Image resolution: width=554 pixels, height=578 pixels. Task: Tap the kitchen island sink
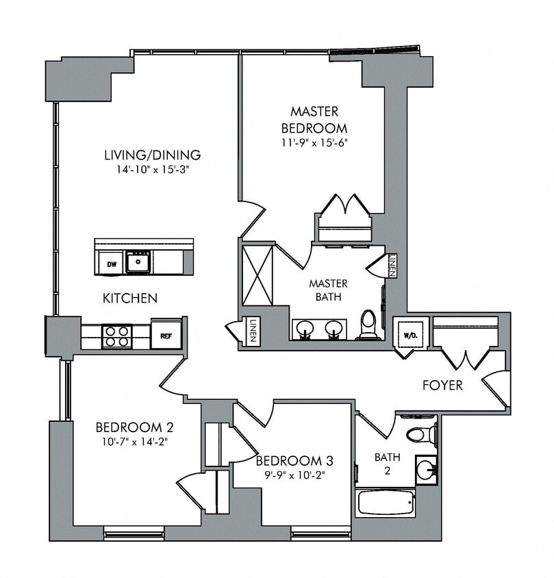pos(138,262)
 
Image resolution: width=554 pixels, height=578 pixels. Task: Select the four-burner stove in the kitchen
pos(116,336)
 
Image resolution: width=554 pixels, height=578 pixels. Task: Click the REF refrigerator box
pos(166,335)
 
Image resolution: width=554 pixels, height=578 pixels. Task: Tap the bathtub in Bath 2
pos(386,503)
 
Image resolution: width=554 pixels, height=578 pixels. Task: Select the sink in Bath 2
pos(427,470)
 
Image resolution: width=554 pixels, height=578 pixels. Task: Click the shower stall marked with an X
pos(257,275)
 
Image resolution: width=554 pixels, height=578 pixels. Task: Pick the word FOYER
pos(442,385)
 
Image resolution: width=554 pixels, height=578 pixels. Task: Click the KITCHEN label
pos(130,298)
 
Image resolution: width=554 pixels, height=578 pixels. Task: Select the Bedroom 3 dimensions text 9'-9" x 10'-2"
pos(294,474)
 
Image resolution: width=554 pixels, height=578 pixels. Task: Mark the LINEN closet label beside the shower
pos(252,331)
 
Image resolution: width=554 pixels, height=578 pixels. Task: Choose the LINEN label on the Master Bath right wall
pos(392,265)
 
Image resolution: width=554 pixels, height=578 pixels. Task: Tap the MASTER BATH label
pos(328,290)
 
